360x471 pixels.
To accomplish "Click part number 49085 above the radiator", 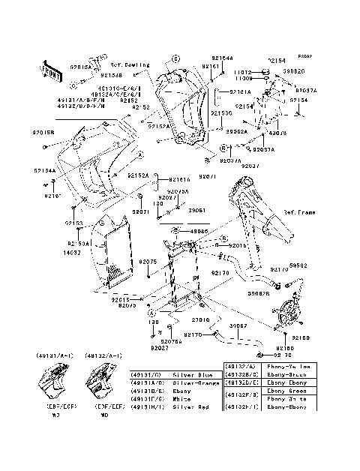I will pyautogui.click(x=198, y=231).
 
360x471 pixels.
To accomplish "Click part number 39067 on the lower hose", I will pyautogui.click(x=238, y=327).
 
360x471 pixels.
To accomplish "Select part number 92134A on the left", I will pyautogui.click(x=43, y=170).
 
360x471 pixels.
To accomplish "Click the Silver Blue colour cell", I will pyautogui.click(x=196, y=373).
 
